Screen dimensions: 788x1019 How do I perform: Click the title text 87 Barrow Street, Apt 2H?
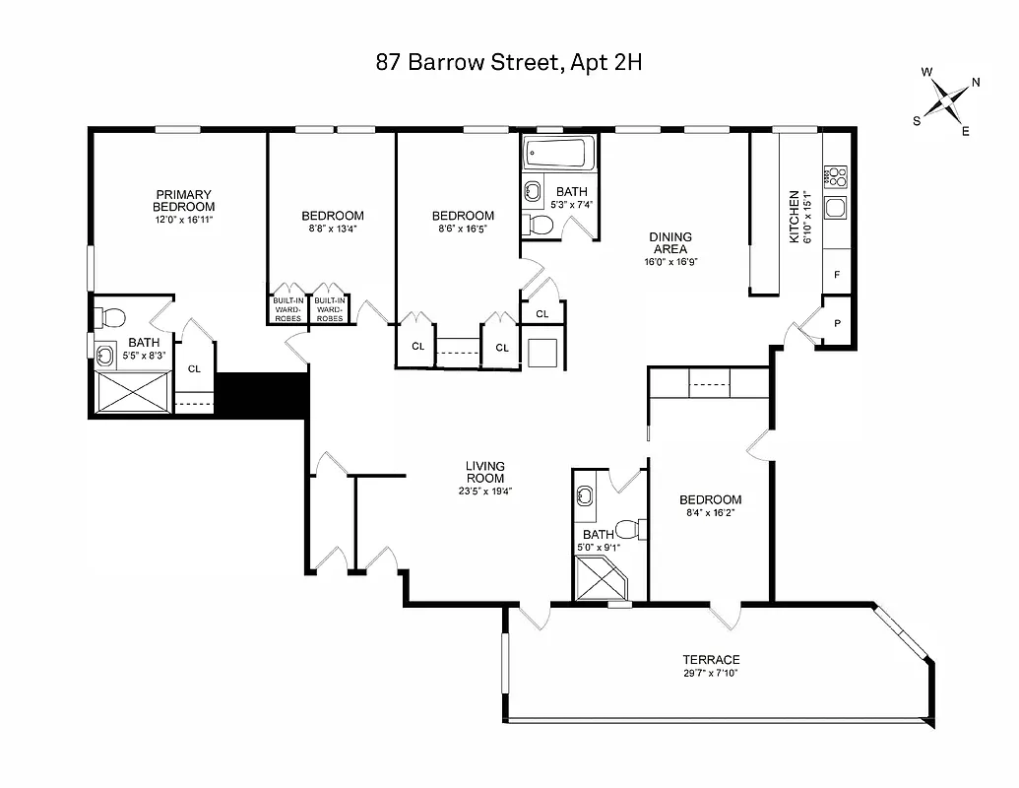[x=509, y=63]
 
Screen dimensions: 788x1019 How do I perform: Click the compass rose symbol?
[x=946, y=101]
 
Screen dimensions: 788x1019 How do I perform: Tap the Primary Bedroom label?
[x=183, y=200]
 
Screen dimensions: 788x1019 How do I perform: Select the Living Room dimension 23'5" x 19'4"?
[x=485, y=491]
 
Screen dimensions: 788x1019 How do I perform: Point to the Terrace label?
[x=711, y=660]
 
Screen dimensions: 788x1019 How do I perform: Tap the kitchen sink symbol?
[x=837, y=208]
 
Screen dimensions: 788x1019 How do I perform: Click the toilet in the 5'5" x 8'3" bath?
[x=109, y=317]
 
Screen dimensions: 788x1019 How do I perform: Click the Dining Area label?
[x=670, y=243]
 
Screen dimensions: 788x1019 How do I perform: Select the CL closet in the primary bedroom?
[x=194, y=368]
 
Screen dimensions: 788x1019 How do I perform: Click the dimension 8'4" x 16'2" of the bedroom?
[x=710, y=513]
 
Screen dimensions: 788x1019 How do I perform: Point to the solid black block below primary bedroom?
[x=261, y=395]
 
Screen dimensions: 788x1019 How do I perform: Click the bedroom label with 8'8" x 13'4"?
[x=332, y=216]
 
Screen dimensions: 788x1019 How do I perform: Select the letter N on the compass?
[x=975, y=83]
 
